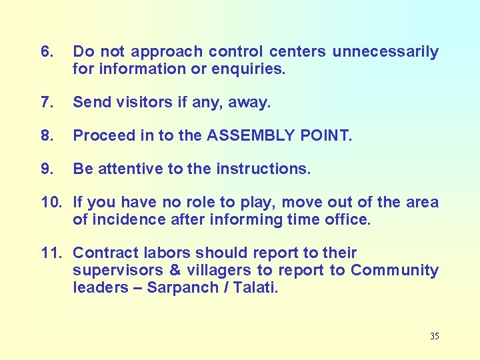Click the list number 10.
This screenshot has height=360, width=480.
(x=52, y=203)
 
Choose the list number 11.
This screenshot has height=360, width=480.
(x=52, y=253)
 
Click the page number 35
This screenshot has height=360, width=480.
(x=434, y=336)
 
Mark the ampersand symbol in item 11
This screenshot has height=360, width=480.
(x=175, y=271)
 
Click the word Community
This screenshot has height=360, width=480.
(x=395, y=271)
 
